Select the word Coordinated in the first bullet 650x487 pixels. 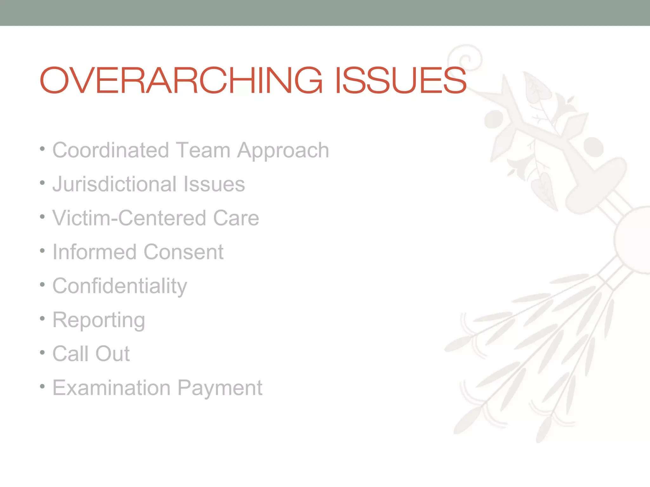(110, 150)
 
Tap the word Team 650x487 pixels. (203, 150)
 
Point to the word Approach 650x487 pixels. (283, 151)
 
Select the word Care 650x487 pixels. (236, 218)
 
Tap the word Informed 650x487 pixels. (94, 252)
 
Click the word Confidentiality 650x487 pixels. (120, 286)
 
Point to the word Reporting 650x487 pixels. (99, 320)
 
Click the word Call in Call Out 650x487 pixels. (70, 354)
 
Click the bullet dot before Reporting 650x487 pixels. (42, 318)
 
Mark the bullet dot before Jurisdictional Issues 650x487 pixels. (42, 182)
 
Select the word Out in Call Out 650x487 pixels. (112, 354)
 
